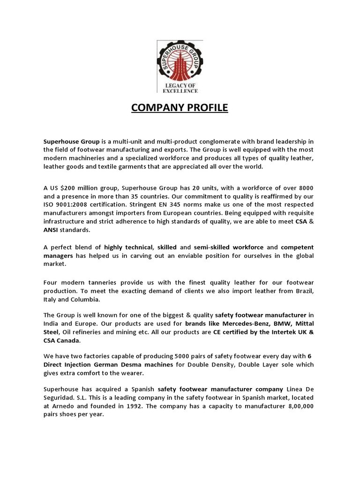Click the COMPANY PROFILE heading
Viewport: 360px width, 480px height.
coord(180,108)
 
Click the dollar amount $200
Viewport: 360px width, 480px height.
coord(67,188)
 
